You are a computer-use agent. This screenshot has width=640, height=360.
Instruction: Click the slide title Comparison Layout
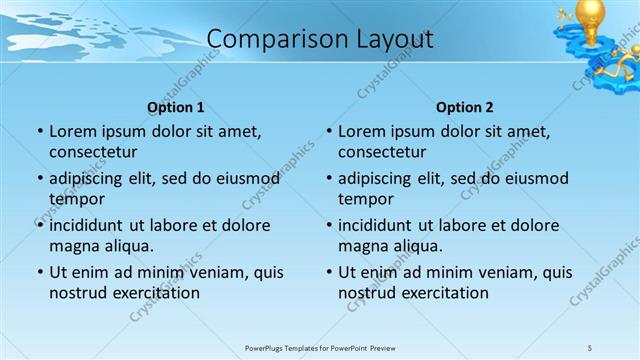320,39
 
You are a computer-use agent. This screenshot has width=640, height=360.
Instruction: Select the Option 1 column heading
176,107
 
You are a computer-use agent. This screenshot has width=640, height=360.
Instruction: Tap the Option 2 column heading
464,107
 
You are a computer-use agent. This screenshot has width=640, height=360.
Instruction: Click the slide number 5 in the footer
590,347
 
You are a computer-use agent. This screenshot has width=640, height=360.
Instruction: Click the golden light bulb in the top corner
593,18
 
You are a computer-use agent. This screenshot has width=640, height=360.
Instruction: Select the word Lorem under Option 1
71,131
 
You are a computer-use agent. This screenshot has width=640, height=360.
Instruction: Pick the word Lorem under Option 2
360,131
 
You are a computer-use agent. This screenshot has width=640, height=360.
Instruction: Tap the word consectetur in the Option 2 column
382,152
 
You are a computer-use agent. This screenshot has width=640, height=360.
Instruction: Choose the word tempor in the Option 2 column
366,199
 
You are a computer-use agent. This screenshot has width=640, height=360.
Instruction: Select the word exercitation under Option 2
443,293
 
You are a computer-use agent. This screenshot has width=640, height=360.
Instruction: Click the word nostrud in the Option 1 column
77,293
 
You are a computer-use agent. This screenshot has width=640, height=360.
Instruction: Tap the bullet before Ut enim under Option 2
329,272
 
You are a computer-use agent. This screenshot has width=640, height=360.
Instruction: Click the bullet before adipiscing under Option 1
40,179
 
